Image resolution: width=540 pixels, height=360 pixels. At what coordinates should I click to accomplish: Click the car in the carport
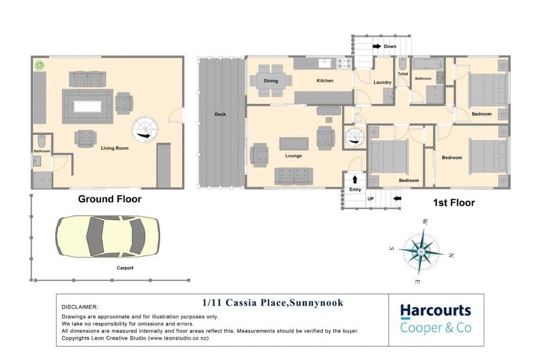108,236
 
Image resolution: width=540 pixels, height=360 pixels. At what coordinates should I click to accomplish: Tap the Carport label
125,268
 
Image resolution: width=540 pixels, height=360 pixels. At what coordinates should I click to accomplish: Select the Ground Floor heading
110,199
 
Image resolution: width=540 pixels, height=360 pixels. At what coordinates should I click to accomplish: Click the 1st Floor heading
454,202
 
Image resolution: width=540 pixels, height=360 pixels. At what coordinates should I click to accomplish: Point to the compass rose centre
421,252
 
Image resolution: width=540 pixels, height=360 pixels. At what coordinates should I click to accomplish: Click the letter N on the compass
451,255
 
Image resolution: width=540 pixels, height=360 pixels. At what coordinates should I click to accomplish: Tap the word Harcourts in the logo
435,311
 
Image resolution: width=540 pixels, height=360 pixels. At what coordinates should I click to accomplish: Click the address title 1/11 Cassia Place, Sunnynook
273,303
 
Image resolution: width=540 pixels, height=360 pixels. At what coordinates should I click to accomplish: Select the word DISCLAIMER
79,307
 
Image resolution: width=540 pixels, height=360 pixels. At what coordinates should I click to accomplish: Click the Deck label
220,114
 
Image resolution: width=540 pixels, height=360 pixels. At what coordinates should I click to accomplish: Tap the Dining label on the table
271,81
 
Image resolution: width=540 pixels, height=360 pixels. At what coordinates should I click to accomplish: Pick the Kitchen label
325,80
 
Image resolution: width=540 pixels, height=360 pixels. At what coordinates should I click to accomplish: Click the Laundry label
382,82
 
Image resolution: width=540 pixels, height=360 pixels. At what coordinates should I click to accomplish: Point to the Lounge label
293,155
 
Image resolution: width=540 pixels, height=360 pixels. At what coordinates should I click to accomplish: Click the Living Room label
115,148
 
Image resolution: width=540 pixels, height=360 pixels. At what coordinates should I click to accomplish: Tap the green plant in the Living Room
39,65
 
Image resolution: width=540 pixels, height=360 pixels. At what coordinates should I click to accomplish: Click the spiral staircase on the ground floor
146,129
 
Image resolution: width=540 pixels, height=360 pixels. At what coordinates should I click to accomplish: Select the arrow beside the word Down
377,46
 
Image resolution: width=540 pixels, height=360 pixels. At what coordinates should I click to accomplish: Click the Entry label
355,189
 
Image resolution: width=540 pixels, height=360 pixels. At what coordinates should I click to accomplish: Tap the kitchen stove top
345,63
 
